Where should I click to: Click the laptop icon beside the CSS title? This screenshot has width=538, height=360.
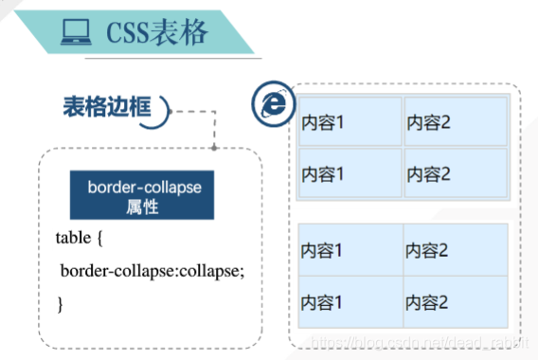click(x=72, y=33)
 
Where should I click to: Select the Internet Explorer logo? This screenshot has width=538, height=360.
click(x=272, y=103)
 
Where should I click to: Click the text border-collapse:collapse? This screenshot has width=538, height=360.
click(x=152, y=271)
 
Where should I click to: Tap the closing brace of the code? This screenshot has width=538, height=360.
click(x=60, y=304)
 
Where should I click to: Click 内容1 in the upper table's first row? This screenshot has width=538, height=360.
click(x=323, y=122)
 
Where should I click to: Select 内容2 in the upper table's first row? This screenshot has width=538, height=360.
click(x=429, y=122)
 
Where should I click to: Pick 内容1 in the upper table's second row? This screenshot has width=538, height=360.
click(x=323, y=173)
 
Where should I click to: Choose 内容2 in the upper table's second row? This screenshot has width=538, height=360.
click(x=429, y=173)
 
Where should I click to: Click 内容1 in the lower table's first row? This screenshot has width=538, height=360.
click(x=323, y=251)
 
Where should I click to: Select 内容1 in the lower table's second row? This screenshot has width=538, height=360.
click(x=323, y=302)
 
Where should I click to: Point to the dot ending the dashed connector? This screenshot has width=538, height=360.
click(x=216, y=148)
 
